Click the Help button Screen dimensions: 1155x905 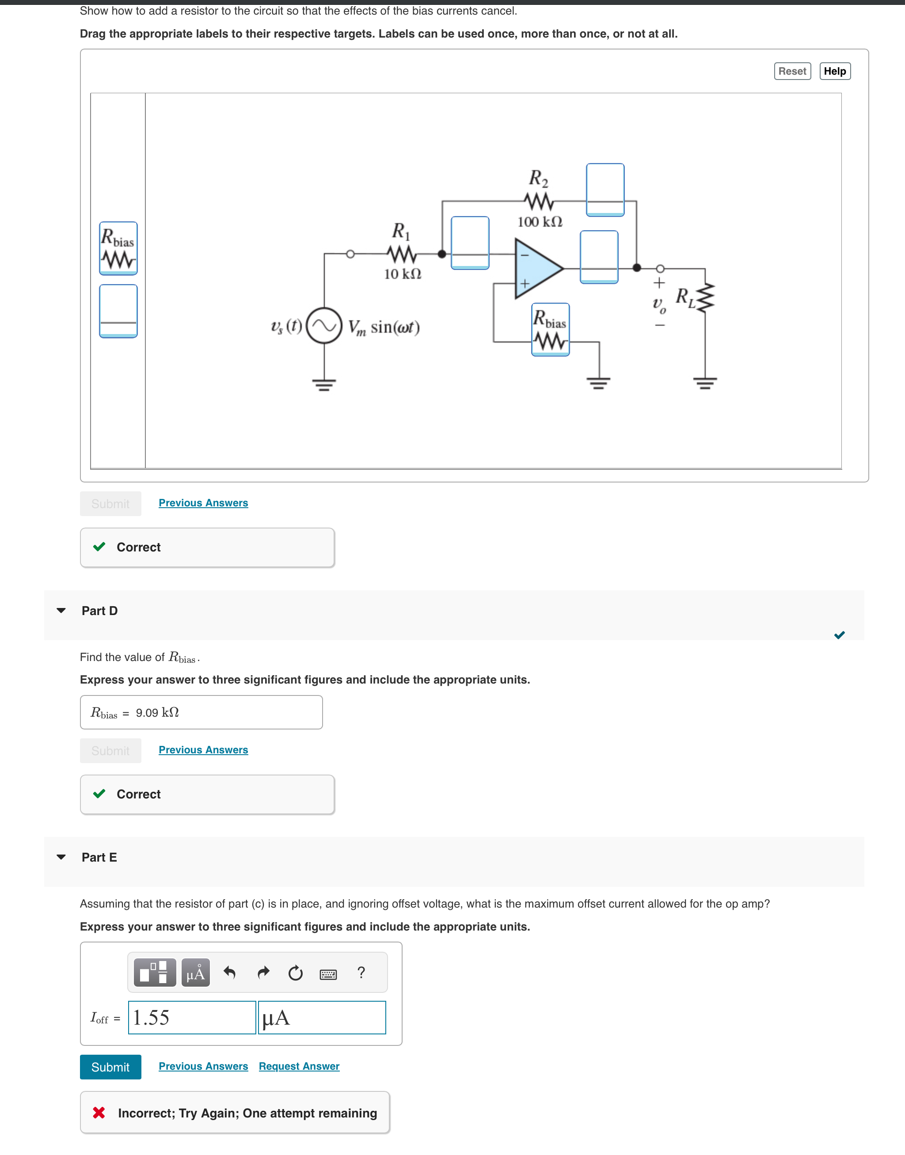pos(835,71)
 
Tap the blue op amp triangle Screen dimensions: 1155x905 pos(536,268)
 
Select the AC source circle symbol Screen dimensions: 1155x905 pos(324,325)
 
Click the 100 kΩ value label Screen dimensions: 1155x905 pos(540,221)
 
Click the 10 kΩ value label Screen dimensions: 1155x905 pos(403,274)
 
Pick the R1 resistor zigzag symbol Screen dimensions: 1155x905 pos(402,255)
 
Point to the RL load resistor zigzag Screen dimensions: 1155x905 pos(706,298)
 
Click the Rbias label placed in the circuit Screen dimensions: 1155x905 pos(550,330)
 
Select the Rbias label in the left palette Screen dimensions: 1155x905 pos(118,248)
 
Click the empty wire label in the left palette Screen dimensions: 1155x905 pos(118,311)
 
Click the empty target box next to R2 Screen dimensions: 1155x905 pos(605,190)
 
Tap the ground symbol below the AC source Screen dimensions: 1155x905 pos(324,384)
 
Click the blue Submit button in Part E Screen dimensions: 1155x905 pos(110,1067)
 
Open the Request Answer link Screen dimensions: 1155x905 pos(299,1066)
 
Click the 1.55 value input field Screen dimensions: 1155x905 pos(192,1017)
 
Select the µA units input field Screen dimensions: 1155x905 pos(322,1017)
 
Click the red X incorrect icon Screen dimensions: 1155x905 pos(99,1113)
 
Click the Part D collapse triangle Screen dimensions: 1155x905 pos(61,610)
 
